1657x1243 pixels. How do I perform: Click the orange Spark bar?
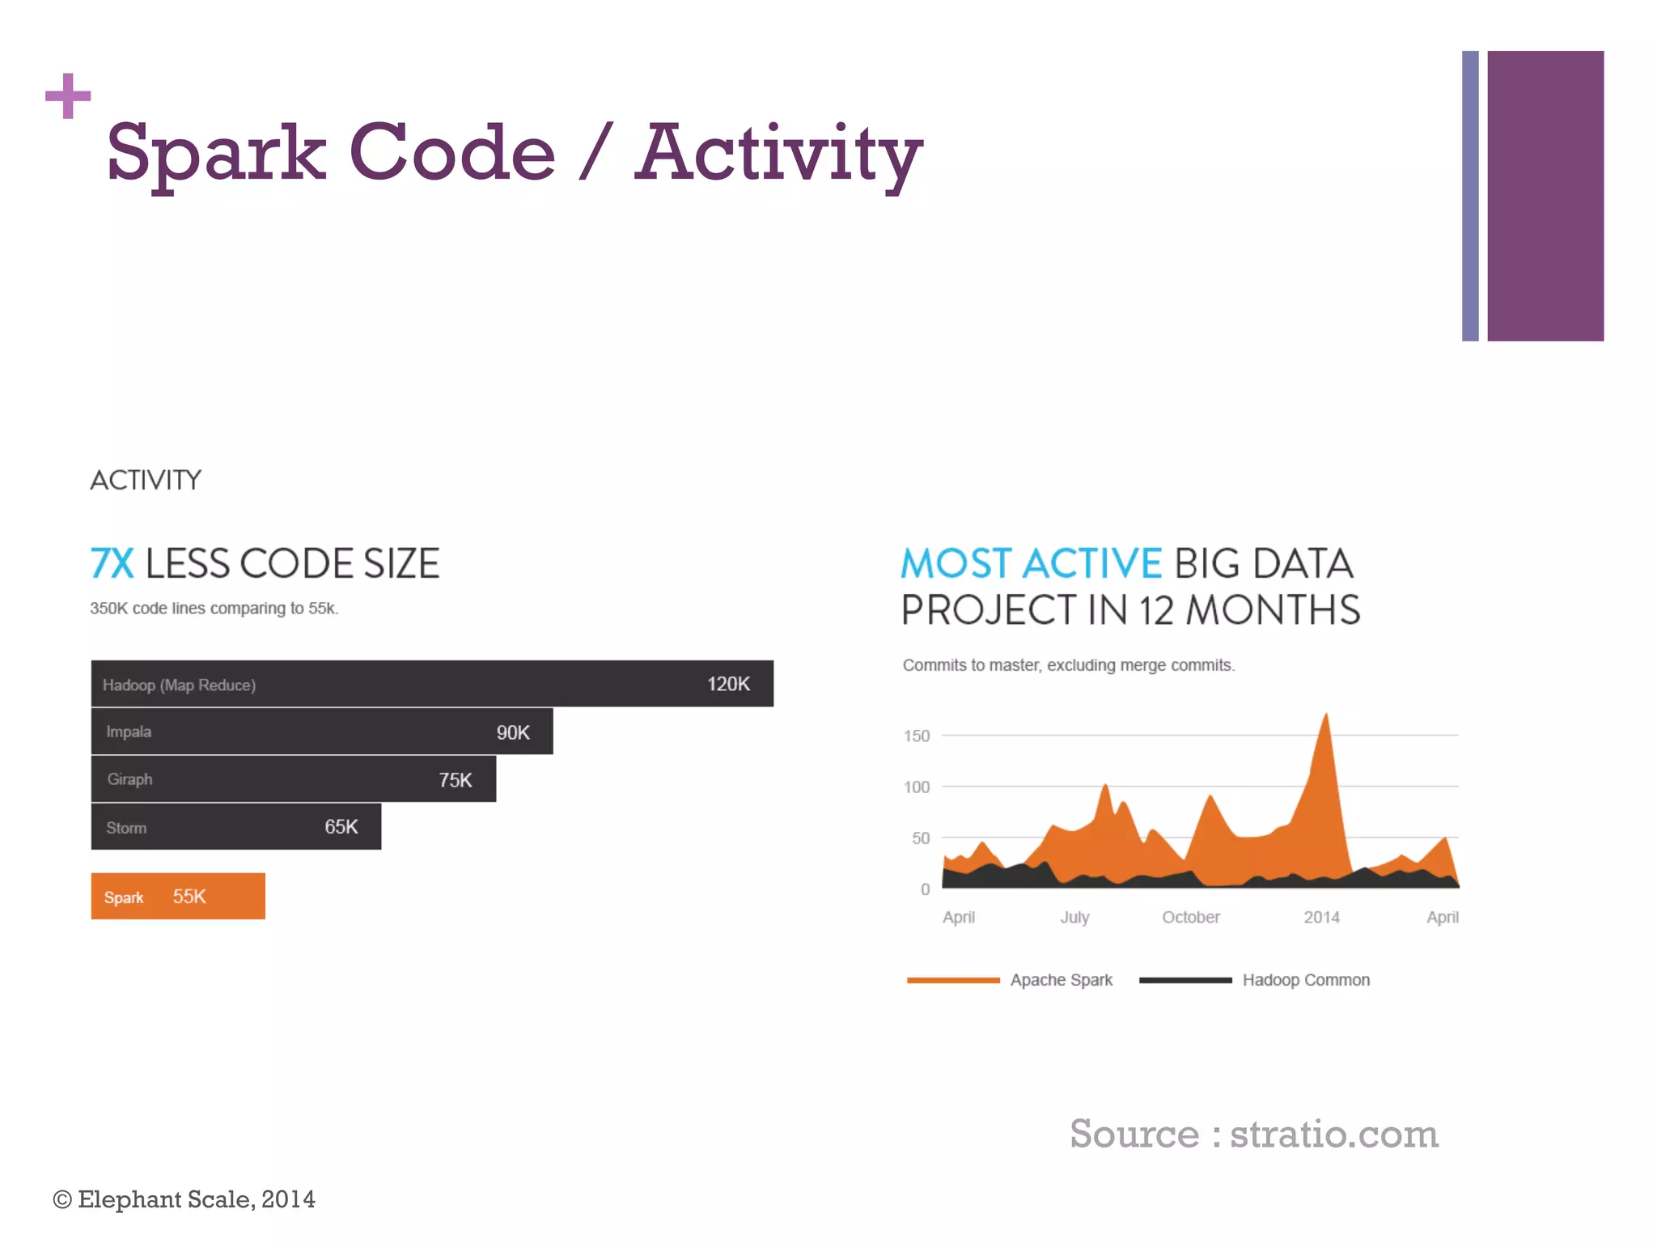click(178, 896)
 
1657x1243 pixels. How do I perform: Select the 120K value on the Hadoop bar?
click(728, 684)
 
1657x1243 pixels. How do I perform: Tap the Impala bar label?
click(129, 732)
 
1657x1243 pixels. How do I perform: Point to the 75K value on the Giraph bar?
click(455, 779)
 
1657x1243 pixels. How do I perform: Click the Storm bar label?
click(126, 828)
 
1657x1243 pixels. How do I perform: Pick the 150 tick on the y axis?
click(917, 736)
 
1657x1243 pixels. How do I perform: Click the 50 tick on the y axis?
click(921, 838)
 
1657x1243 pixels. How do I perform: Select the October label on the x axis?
click(1190, 917)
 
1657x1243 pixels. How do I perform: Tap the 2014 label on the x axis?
click(1321, 917)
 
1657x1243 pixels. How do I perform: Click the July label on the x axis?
click(1074, 917)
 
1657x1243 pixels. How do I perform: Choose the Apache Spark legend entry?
click(1061, 980)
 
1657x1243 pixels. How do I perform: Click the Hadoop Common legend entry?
click(1305, 980)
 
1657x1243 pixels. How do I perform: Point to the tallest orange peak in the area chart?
click(1325, 717)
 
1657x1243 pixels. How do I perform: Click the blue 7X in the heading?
click(112, 563)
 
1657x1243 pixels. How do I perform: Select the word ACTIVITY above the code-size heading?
click(146, 480)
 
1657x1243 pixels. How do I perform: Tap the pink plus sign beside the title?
click(68, 96)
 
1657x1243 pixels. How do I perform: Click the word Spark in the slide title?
click(216, 152)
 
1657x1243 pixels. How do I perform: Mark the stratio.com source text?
click(1333, 1133)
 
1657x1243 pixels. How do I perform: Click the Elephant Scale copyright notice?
click(184, 1198)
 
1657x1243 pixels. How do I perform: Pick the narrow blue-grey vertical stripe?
click(1470, 196)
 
